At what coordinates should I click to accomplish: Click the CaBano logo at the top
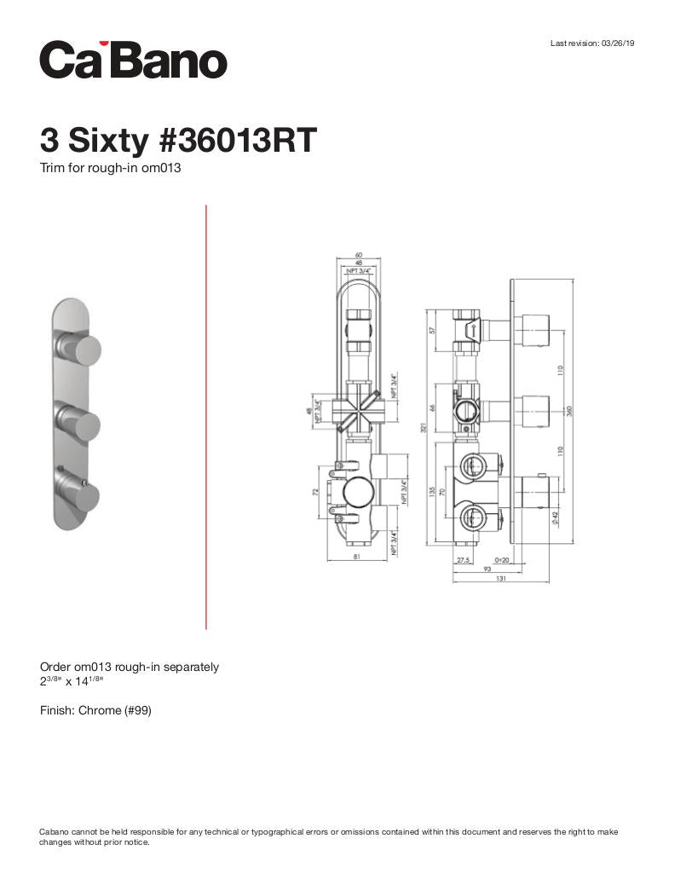[133, 60]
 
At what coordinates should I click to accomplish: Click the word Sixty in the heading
[107, 140]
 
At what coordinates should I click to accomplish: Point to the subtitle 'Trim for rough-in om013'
[111, 168]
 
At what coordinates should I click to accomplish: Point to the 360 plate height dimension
[568, 410]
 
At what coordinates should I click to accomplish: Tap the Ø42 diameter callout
[555, 517]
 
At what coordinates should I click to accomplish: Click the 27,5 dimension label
[463, 560]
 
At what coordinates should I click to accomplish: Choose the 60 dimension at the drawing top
[359, 255]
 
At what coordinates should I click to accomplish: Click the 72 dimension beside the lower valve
[316, 492]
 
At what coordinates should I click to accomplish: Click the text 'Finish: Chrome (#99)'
[95, 710]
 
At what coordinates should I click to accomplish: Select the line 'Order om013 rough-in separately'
[130, 667]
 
